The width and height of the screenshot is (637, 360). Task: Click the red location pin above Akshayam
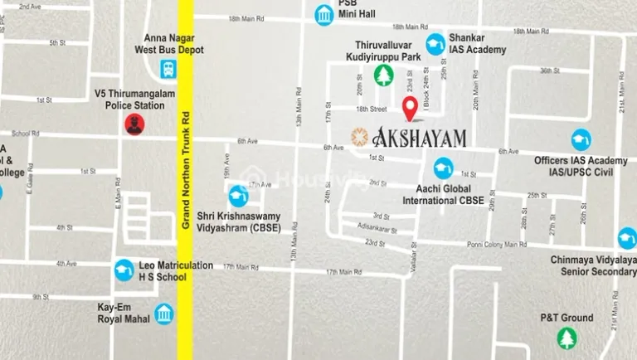click(409, 107)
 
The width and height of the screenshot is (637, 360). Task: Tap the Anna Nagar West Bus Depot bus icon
click(168, 69)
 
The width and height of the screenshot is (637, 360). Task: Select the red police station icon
click(134, 124)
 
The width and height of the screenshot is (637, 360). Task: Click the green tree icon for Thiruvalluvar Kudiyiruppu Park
click(383, 75)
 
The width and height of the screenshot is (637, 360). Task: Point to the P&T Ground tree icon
click(566, 338)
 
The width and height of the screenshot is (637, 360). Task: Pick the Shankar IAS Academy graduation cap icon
click(435, 44)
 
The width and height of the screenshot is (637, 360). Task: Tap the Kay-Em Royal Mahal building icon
click(164, 314)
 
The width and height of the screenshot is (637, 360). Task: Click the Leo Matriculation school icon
click(124, 270)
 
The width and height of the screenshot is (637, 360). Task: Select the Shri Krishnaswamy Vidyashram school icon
click(238, 196)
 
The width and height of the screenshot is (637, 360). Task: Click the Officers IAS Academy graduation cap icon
click(581, 139)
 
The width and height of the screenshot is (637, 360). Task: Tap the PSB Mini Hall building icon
click(324, 14)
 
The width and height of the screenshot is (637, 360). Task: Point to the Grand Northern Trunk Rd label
click(186, 173)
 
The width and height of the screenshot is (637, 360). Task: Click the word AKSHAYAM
click(421, 138)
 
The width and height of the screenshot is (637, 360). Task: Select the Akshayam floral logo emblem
click(359, 137)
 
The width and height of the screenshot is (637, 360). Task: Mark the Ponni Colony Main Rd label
click(496, 245)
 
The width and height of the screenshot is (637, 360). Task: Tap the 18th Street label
click(372, 109)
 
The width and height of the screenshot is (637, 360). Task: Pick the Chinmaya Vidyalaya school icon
click(628, 239)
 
